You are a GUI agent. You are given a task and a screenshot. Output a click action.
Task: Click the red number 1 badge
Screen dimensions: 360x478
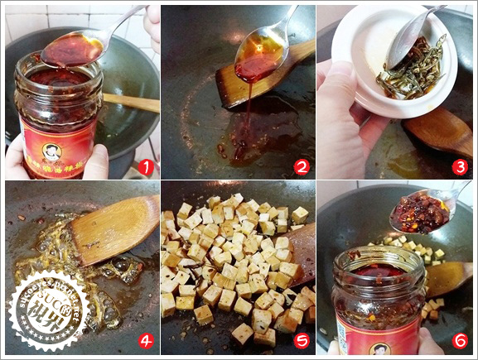[x=147, y=167]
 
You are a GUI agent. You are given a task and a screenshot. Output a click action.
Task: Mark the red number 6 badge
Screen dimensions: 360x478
[x=460, y=340]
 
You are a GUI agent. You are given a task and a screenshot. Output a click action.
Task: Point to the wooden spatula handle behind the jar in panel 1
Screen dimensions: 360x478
[x=133, y=103]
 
